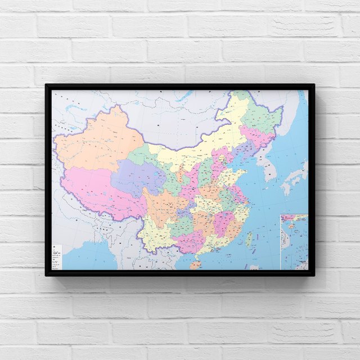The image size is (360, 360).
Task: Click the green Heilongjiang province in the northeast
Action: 259,115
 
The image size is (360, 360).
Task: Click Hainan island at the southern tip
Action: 194,264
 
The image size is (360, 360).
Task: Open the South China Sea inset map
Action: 294,241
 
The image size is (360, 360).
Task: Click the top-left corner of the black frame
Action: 47,85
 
